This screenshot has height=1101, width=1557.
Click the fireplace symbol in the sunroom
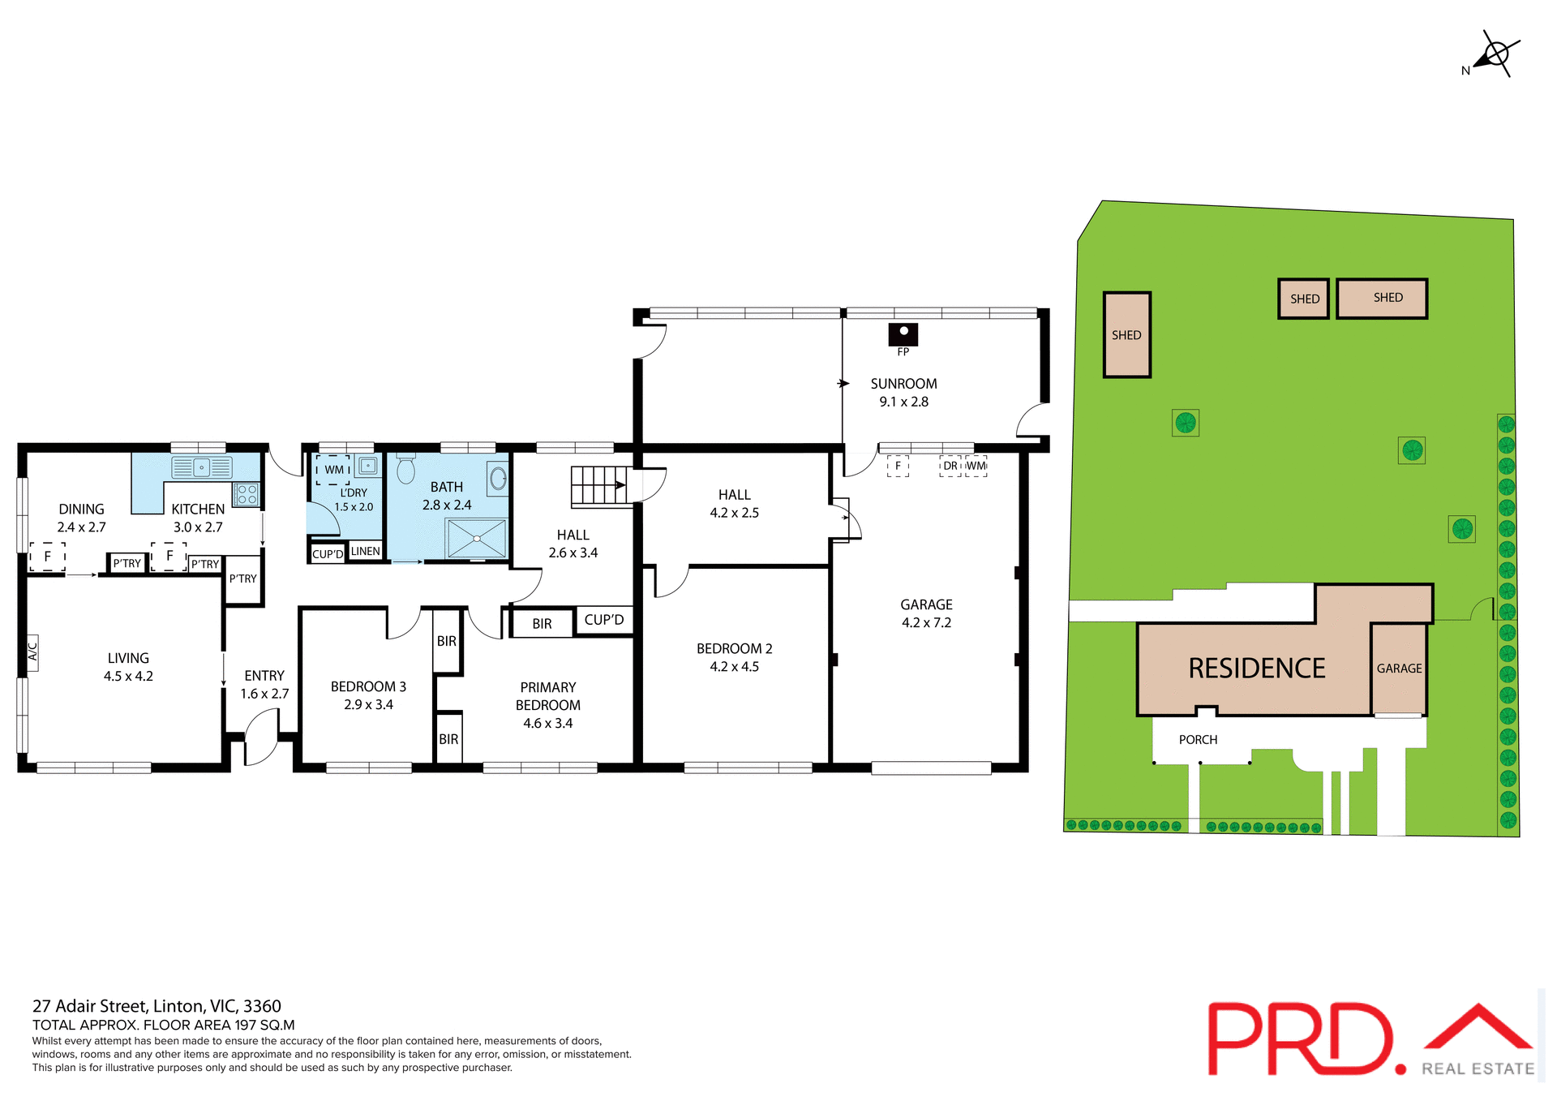903,334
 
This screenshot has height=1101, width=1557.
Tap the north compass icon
1495,55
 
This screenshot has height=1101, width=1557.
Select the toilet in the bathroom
406,469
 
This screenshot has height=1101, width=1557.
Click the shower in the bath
477,538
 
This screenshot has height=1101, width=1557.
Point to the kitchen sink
201,467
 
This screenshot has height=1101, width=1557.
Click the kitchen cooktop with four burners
247,494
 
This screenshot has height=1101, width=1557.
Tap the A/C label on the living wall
33,652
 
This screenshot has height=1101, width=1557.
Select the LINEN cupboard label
365,551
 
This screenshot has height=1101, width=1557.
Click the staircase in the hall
600,486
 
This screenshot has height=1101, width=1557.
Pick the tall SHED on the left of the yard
1126,335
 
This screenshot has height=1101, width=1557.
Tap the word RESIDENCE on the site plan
1256,668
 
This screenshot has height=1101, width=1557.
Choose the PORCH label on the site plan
1198,739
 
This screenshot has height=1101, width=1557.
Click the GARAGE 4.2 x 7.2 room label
926,613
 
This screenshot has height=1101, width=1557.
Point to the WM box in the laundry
333,470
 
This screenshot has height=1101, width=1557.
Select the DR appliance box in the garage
950,466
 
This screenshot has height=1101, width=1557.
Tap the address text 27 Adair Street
157,1006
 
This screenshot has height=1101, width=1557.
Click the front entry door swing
261,737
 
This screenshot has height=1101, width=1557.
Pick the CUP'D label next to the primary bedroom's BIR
603,620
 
